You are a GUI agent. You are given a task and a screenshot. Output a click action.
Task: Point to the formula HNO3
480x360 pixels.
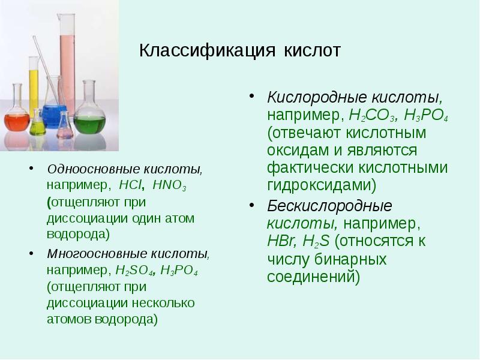click(170, 187)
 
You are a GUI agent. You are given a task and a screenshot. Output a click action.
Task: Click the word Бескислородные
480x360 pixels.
click(329, 206)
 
